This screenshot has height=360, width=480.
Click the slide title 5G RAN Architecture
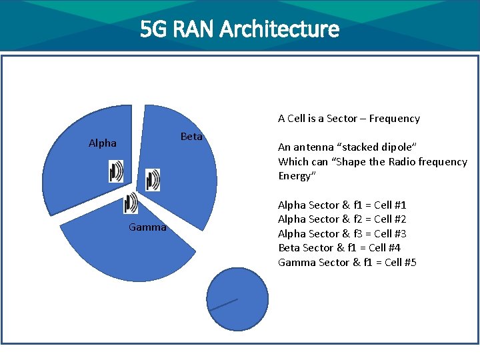239,29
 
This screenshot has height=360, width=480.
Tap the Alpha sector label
103,143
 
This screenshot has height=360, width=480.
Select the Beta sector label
191,136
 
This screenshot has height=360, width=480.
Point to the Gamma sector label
147,227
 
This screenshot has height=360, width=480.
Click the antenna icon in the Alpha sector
116,171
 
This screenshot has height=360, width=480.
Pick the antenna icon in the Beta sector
153,179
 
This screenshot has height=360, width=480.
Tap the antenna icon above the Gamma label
131,203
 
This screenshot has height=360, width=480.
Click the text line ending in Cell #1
342,205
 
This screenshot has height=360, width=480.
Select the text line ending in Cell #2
342,219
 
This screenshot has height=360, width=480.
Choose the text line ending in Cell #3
342,233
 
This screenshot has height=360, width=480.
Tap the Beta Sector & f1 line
339,247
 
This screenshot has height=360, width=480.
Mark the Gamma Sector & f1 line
347,262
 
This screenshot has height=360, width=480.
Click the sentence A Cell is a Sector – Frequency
349,119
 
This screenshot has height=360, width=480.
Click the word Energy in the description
294,176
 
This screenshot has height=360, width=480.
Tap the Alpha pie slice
80,173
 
